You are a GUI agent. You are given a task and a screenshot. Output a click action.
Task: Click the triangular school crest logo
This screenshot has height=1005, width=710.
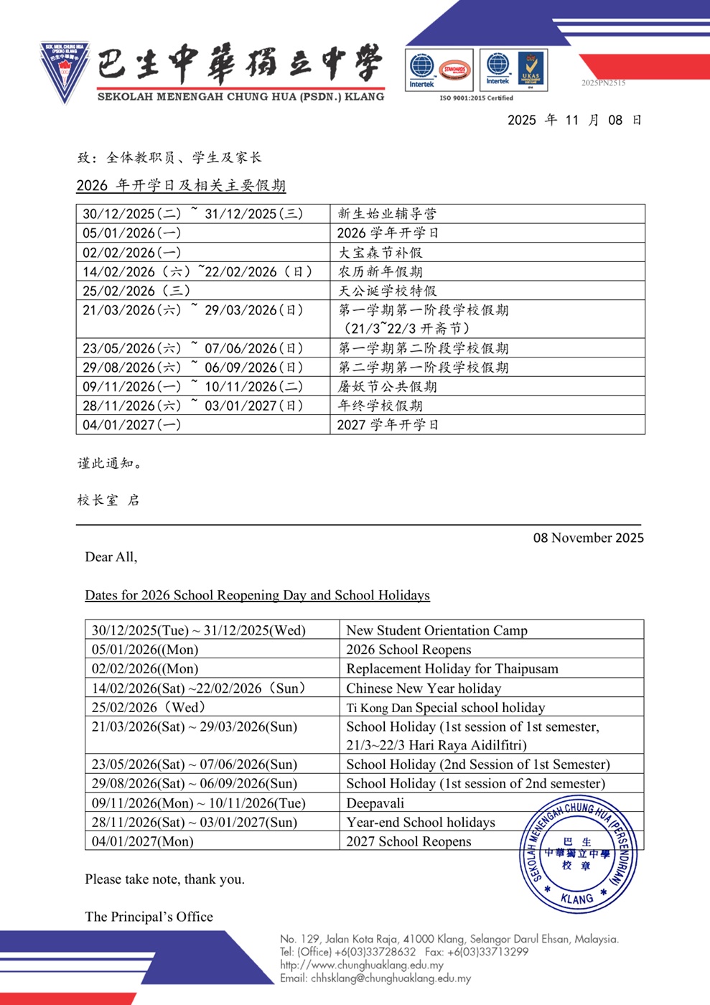tap(65, 72)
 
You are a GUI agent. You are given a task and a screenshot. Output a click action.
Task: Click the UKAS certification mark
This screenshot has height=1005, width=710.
tap(531, 70)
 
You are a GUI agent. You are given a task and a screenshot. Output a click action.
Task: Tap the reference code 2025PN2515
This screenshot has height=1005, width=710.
tap(603, 83)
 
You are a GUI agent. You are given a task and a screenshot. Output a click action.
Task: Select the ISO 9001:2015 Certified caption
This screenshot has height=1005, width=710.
tap(476, 98)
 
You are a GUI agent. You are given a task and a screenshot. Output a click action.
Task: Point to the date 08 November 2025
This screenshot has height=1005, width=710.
tap(588, 538)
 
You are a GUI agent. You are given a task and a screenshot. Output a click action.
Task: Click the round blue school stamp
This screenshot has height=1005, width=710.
tap(578, 854)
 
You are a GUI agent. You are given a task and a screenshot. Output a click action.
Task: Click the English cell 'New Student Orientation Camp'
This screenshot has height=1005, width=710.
tap(436, 630)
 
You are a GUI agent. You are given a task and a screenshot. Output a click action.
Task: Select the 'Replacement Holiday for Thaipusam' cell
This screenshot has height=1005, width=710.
tap(452, 668)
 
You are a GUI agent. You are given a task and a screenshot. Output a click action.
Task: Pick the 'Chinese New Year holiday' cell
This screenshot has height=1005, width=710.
tap(424, 688)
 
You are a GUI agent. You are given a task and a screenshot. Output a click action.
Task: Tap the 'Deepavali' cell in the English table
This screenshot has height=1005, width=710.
tap(375, 803)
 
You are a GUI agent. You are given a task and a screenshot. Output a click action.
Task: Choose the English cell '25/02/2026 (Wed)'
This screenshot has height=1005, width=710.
tap(149, 707)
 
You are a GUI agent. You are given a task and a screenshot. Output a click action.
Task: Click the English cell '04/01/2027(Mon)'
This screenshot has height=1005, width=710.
tap(142, 841)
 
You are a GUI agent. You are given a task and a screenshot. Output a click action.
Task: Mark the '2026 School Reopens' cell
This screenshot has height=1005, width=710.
tap(408, 650)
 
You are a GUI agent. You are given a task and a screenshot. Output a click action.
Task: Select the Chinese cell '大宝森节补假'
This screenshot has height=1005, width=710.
tap(380, 253)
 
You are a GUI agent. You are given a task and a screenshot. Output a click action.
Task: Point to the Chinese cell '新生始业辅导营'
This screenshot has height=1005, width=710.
tap(387, 214)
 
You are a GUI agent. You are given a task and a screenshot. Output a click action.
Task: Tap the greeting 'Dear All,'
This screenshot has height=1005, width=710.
tap(111, 557)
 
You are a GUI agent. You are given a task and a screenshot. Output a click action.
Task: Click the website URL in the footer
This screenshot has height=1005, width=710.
tap(361, 965)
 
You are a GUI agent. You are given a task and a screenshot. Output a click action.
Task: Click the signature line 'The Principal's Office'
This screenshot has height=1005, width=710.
tap(149, 917)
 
